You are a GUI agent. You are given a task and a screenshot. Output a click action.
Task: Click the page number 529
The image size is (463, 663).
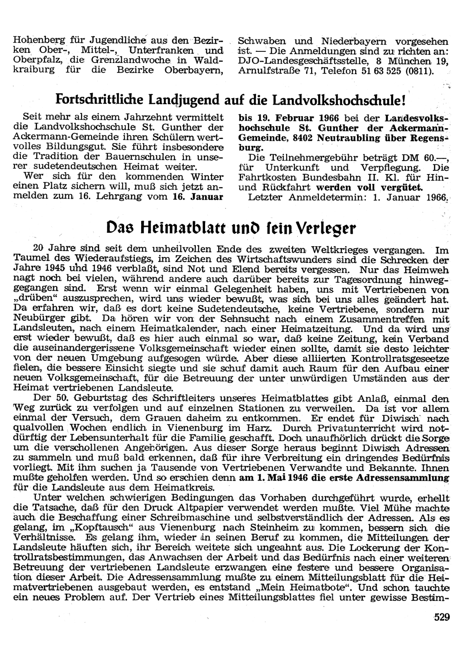tap(442, 617)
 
